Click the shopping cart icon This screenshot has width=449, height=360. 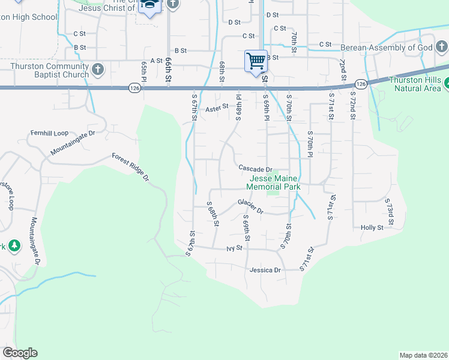pyautogui.click(x=256, y=61)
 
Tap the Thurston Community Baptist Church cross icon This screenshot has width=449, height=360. pyautogui.click(x=98, y=70)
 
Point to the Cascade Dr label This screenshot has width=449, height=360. pyautogui.click(x=255, y=169)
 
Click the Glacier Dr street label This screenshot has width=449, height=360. pyautogui.click(x=250, y=206)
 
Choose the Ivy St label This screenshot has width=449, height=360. pyautogui.click(x=234, y=248)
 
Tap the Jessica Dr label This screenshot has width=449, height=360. pyautogui.click(x=265, y=270)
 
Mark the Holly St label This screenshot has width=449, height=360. pyautogui.click(x=372, y=227)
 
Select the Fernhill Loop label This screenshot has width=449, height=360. pyautogui.click(x=50, y=133)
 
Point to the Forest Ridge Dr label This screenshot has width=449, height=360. pyautogui.click(x=130, y=167)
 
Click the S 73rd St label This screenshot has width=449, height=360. pyautogui.click(x=390, y=214)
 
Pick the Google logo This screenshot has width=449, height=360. pyautogui.click(x=20, y=353)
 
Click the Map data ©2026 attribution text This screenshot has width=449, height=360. pyautogui.click(x=423, y=355)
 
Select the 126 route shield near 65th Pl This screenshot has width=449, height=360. pyautogui.click(x=134, y=88)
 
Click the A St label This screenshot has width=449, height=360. pyautogui.click(x=157, y=61)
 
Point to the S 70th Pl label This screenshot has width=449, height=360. pyautogui.click(x=310, y=145)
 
